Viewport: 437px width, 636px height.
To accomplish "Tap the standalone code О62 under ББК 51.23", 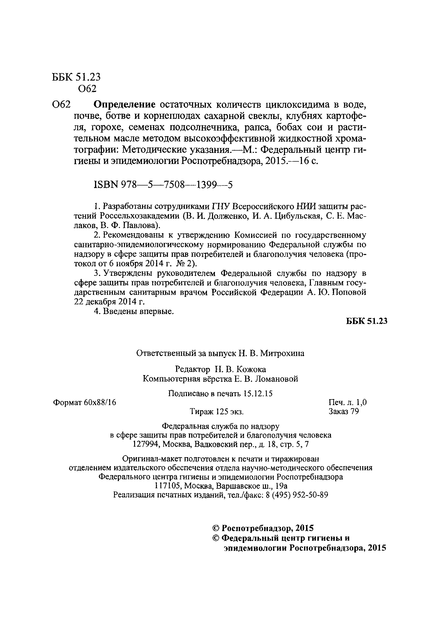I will coord(87,89).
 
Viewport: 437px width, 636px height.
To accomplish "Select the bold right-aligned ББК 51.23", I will coord(367,321).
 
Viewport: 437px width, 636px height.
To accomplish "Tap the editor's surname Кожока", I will coord(251,369).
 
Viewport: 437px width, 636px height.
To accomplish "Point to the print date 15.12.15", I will coord(258,394).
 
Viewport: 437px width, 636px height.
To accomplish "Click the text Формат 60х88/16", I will coord(84,402).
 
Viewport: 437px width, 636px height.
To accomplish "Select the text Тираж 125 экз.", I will coord(217,412).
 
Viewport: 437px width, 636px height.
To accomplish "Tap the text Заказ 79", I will coord(343,412).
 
